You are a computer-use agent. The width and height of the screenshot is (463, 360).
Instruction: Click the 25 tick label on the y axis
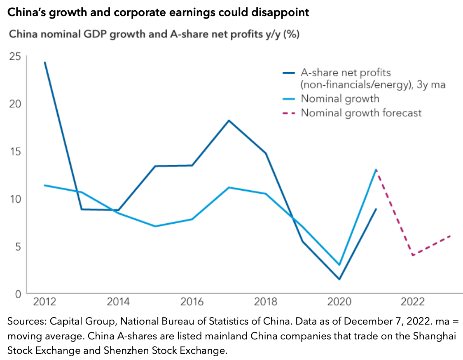[15, 56]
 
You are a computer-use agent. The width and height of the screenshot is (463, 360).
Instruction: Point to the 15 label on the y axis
[15, 151]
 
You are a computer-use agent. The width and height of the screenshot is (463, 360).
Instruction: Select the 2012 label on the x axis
[44, 302]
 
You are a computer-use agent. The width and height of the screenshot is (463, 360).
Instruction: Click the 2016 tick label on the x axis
[192, 302]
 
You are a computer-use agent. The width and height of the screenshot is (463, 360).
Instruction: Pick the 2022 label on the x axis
[413, 302]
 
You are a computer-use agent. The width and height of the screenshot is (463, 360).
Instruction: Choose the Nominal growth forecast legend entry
[361, 112]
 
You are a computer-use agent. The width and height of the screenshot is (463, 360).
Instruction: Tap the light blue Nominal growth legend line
[289, 99]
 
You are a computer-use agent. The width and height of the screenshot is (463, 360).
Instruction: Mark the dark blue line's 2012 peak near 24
[44, 62]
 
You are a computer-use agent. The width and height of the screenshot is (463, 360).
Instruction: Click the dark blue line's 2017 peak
[229, 120]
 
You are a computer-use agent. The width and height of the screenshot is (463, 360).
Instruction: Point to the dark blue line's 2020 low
[339, 279]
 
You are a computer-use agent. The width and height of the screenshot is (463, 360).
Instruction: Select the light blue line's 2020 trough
[339, 264]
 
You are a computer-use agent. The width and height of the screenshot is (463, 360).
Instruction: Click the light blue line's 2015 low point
[155, 226]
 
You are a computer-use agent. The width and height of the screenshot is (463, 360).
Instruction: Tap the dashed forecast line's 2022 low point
[413, 255]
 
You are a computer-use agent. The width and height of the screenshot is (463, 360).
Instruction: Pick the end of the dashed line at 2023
[450, 236]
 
